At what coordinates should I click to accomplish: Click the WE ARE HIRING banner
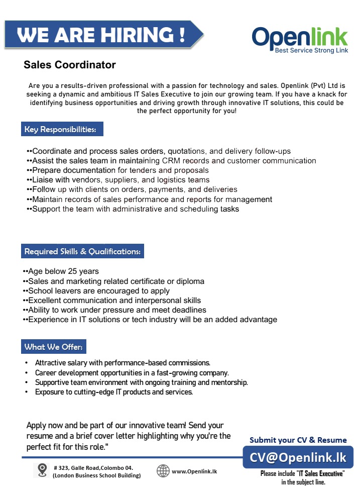[100, 35]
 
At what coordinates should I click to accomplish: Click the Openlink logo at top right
[300, 37]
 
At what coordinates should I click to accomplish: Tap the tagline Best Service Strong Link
[311, 51]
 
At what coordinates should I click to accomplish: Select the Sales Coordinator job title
[70, 65]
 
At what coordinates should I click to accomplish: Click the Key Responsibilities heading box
[62, 129]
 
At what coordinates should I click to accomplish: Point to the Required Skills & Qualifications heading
[82, 251]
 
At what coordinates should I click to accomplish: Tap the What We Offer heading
[54, 347]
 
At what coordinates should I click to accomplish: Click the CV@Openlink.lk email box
[298, 458]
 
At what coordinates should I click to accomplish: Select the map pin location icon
[43, 470]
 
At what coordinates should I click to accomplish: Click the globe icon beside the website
[163, 471]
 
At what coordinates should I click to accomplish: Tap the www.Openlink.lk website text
[194, 471]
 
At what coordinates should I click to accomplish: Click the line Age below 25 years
[63, 271]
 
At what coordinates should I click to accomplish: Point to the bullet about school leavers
[99, 290]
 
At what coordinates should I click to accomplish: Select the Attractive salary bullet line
[123, 362]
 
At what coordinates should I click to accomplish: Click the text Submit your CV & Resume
[298, 440]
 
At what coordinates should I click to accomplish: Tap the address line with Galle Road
[93, 467]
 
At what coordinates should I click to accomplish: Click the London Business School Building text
[97, 475]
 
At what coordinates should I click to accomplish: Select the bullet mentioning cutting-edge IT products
[114, 391]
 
